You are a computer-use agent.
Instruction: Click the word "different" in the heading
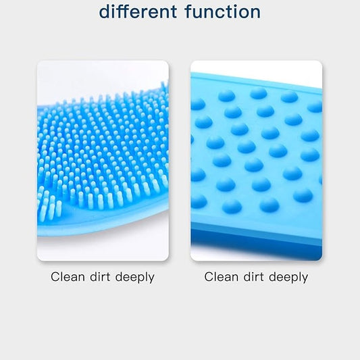[x=138, y=11]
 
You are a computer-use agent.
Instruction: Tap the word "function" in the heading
[x=223, y=11]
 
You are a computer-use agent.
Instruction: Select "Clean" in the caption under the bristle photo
[x=68, y=277]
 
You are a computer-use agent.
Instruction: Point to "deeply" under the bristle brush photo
[x=135, y=278]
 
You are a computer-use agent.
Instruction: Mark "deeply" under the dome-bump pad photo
[x=288, y=278]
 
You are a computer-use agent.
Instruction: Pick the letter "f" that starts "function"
[x=189, y=11]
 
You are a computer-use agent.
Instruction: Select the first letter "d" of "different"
[x=104, y=11]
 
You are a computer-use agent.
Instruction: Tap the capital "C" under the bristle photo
[x=55, y=277]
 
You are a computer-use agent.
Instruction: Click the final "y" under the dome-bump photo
[x=305, y=279]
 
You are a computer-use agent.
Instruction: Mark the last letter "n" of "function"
[x=256, y=14]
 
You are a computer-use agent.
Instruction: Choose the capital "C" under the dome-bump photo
[x=209, y=277]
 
